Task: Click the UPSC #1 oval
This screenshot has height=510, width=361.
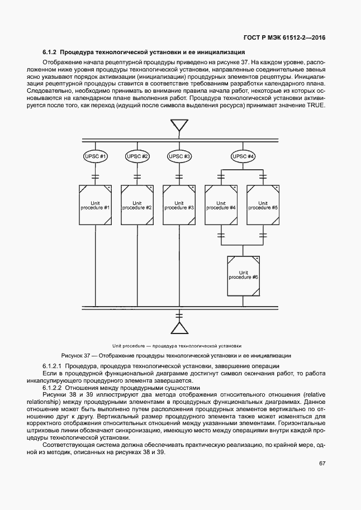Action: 96,156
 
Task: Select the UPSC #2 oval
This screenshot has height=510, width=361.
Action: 137,156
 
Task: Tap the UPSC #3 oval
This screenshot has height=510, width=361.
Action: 179,156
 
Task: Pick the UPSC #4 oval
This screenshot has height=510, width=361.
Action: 243,156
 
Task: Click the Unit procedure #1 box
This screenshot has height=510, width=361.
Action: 96,205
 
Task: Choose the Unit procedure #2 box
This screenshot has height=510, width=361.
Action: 137,205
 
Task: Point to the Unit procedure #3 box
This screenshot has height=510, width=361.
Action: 179,205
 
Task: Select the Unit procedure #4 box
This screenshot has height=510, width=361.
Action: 221,205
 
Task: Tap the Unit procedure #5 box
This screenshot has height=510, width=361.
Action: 263,205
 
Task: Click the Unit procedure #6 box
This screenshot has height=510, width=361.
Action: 243,275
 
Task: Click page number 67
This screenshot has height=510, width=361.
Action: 322,463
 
